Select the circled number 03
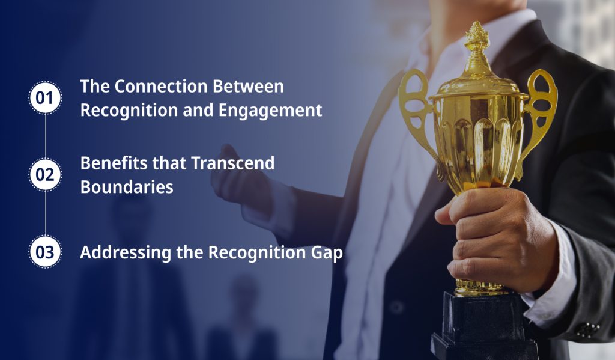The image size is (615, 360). click(45, 252)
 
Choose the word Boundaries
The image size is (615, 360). click(127, 187)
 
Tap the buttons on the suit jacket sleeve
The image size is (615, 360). click(587, 329)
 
